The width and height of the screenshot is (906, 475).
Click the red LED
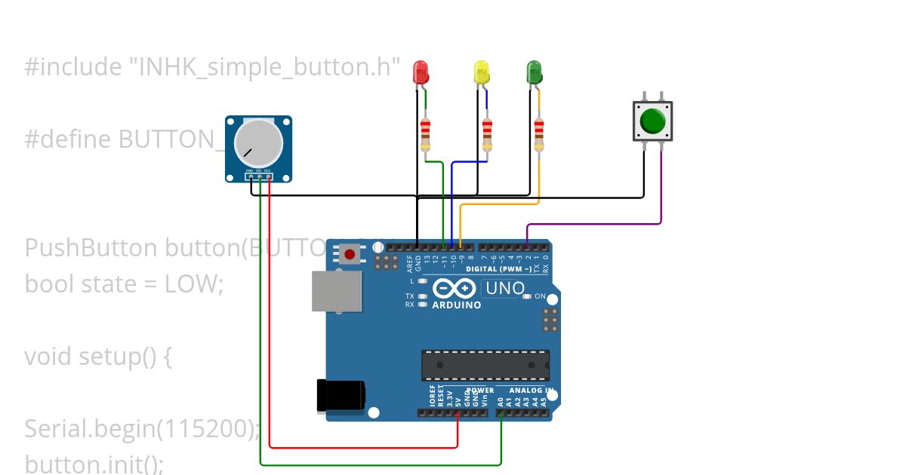click(x=421, y=72)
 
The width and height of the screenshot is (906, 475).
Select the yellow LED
click(x=481, y=72)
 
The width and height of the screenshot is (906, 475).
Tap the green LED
click(x=534, y=72)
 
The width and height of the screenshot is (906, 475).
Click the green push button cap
click(x=652, y=121)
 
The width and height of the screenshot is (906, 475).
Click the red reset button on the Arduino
click(x=349, y=256)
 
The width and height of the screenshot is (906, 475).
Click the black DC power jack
click(x=341, y=395)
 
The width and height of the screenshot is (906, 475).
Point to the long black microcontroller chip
click(x=485, y=366)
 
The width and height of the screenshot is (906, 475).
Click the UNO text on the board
click(x=504, y=288)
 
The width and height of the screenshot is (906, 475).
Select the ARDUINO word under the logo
click(x=456, y=305)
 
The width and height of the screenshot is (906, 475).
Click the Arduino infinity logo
click(x=455, y=288)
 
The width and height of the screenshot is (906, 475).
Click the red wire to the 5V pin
click(x=362, y=447)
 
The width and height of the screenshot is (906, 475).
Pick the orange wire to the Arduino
click(x=498, y=204)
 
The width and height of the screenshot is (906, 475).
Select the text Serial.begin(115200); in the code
click(x=142, y=429)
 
